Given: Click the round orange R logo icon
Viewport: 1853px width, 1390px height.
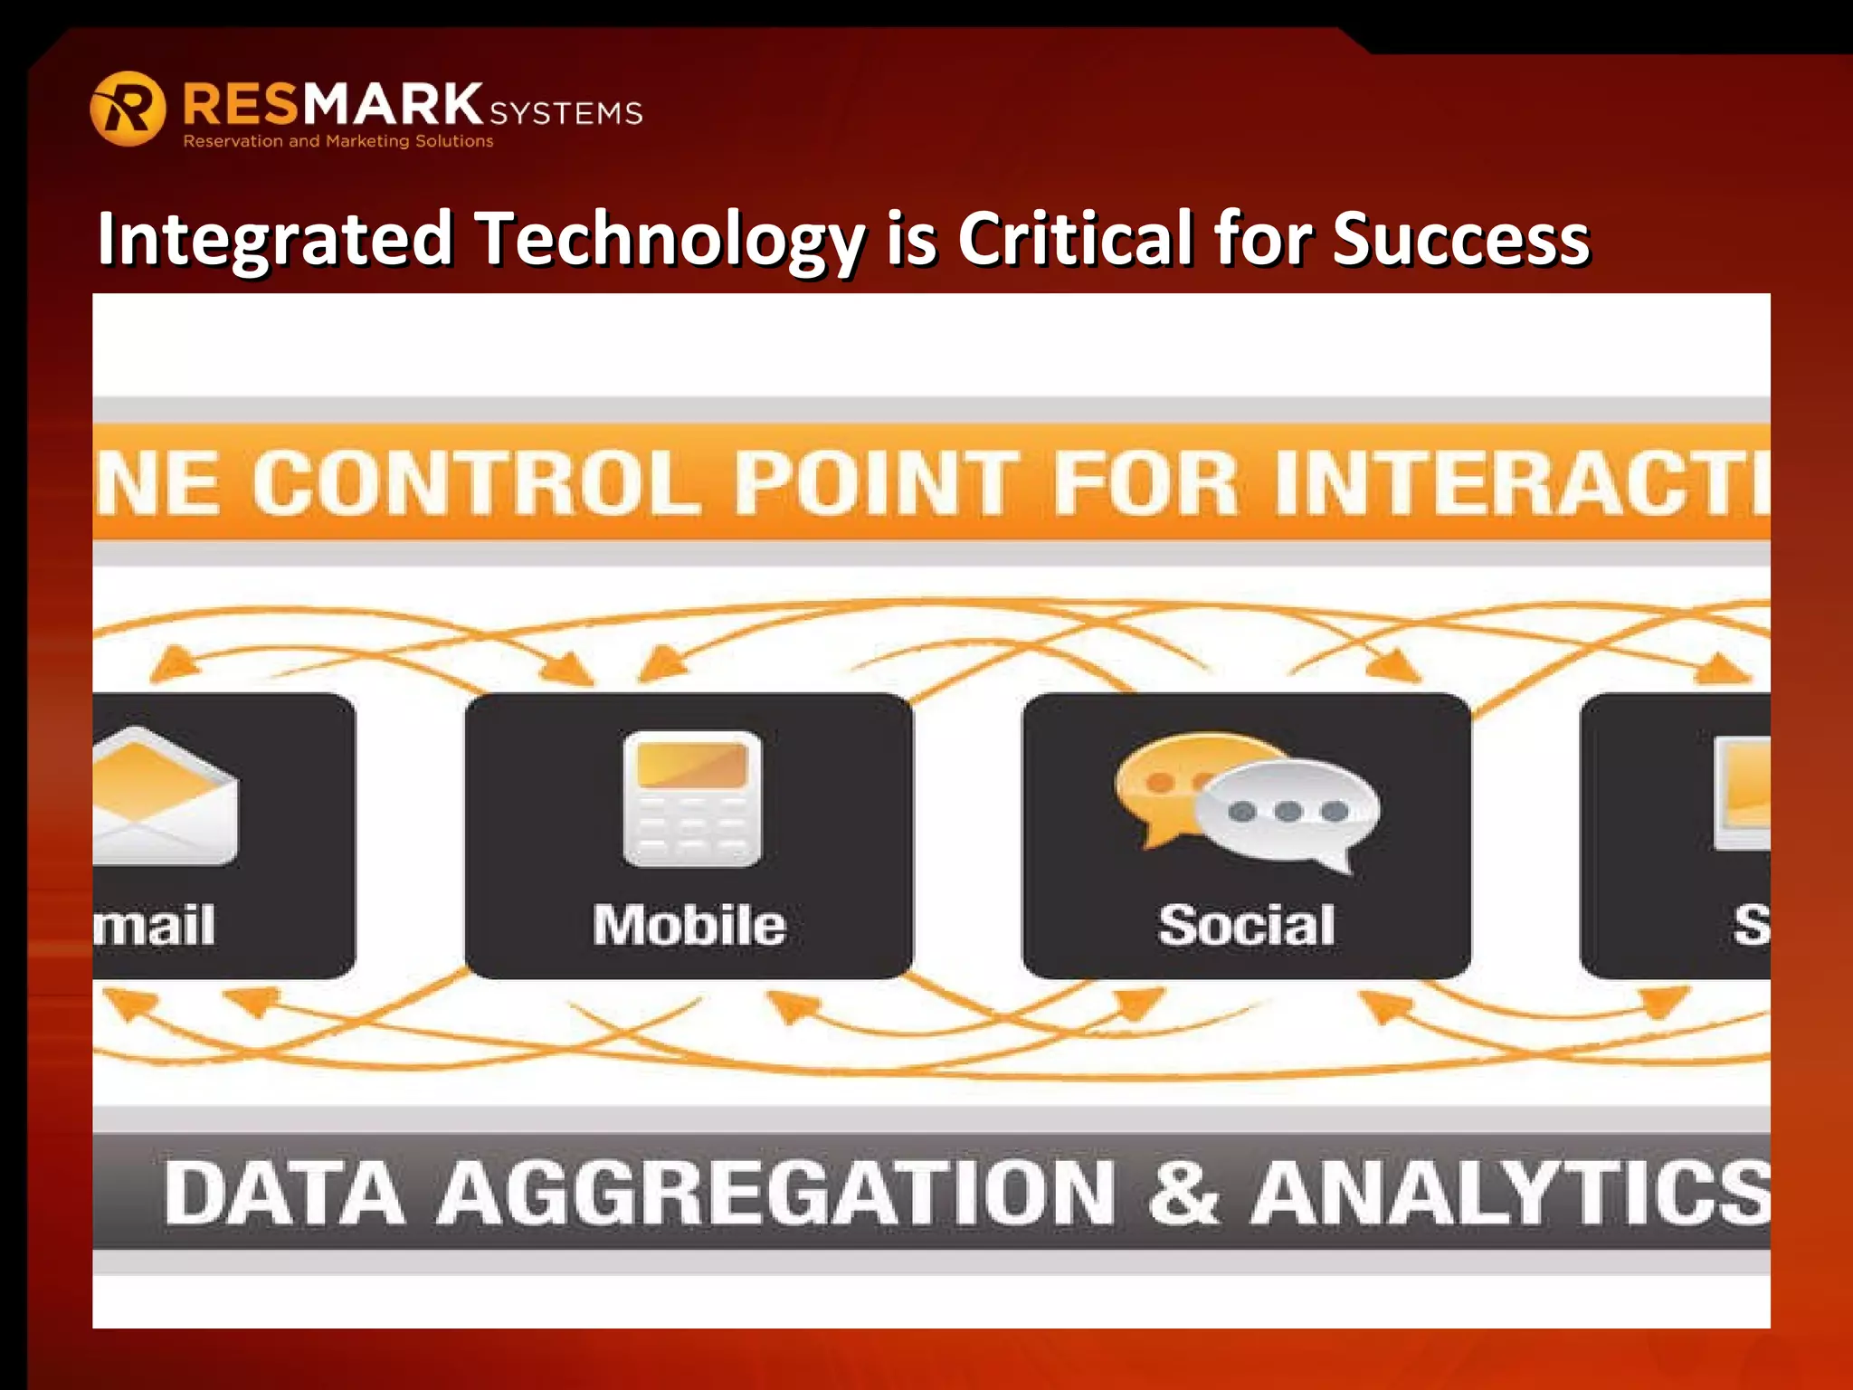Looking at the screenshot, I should click(128, 109).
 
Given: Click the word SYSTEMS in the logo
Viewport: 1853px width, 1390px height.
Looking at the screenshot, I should click(566, 113).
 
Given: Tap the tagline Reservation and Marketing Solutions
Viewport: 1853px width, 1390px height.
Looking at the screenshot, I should click(338, 141).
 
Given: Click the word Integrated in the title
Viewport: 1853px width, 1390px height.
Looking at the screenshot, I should click(274, 239).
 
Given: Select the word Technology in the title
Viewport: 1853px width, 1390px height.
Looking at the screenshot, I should click(670, 239).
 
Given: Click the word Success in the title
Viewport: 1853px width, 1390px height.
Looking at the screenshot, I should click(1460, 239).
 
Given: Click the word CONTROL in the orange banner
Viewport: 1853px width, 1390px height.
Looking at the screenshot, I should click(476, 483).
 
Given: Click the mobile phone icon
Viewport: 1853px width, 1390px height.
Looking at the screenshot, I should click(692, 799).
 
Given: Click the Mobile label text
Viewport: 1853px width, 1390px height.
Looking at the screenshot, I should click(689, 925).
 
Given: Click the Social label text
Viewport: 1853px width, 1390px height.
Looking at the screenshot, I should click(1247, 925).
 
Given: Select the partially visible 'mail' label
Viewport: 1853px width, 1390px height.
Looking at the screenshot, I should click(156, 925).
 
